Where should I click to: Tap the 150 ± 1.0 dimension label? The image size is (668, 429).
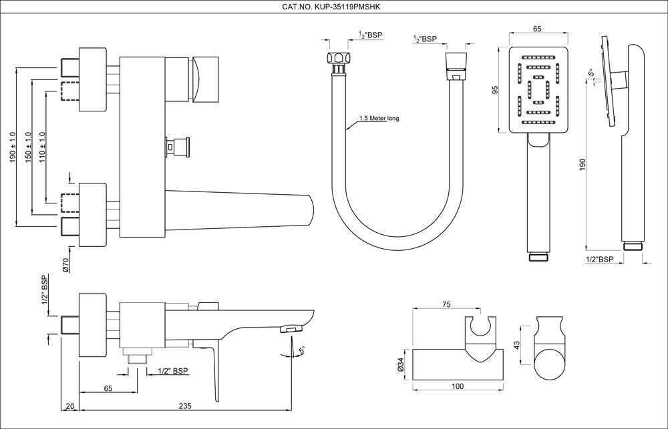pos(27,147)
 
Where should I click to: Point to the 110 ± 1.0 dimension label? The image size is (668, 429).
pos(42,147)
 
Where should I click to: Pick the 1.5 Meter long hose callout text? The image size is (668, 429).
pos(379,119)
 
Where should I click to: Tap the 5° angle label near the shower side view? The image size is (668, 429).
pos(591,73)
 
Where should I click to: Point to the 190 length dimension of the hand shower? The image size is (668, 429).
pos(582,164)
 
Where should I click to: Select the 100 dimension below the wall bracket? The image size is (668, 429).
pos(457,387)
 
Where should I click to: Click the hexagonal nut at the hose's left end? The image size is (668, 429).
pos(338,58)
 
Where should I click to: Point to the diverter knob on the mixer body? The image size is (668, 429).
pos(179,144)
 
